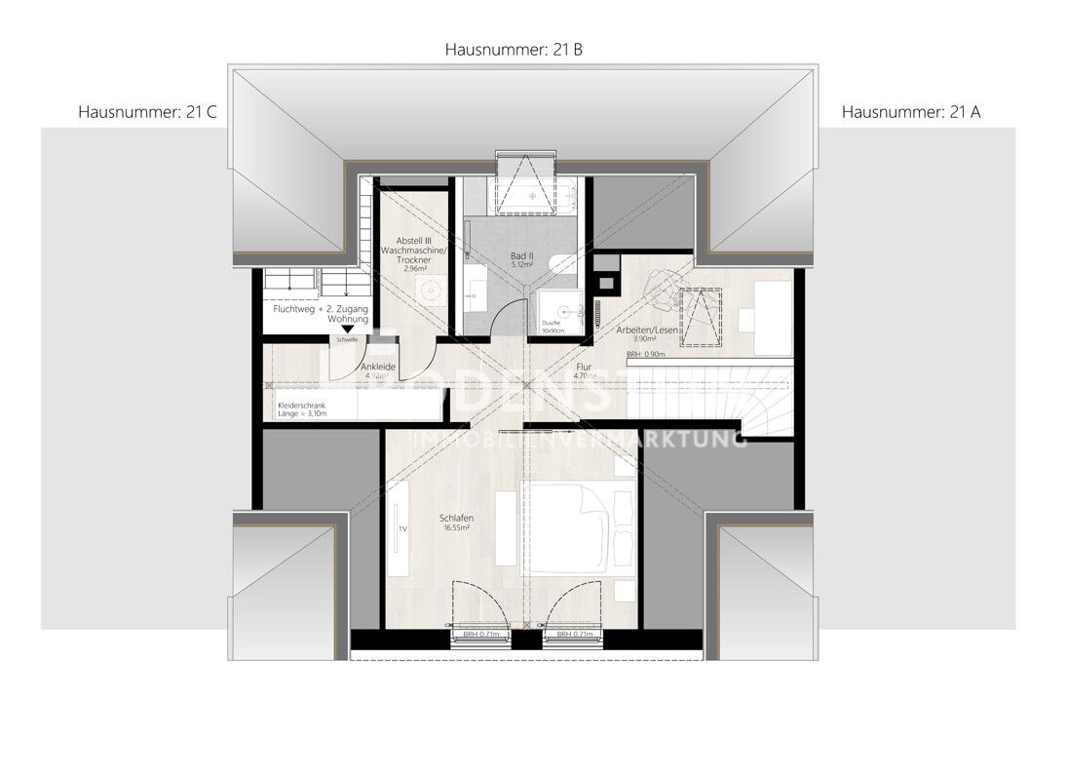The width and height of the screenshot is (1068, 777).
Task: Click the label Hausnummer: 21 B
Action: tap(514, 49)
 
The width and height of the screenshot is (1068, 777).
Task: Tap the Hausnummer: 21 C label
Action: tap(146, 112)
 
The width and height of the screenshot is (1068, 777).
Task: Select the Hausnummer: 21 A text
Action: tap(911, 112)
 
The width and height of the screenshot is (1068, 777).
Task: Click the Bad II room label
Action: tap(523, 260)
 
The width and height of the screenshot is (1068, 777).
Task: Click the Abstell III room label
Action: tap(413, 251)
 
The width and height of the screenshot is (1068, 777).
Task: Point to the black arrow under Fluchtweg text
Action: tap(348, 330)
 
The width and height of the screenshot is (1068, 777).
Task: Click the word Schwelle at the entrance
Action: tap(347, 339)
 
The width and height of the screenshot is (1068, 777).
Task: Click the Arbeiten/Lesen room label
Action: tap(645, 333)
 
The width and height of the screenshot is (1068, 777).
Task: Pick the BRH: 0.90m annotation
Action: tap(646, 355)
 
